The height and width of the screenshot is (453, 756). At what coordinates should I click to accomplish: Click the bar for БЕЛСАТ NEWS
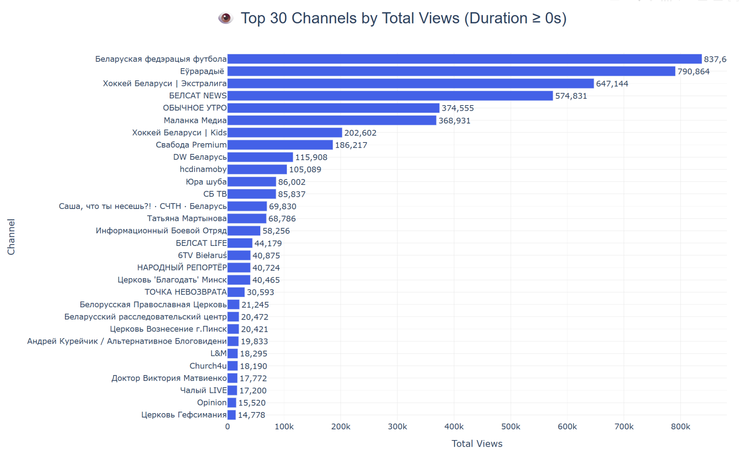[390, 96]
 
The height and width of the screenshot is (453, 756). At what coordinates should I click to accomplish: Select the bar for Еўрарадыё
[451, 71]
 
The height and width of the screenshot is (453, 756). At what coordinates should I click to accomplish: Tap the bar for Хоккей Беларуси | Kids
[285, 133]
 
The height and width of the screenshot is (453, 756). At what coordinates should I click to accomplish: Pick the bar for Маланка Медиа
[331, 120]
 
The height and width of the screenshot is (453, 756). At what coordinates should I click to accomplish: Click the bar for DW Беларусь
[260, 157]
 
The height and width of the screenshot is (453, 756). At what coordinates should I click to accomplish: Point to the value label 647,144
[612, 84]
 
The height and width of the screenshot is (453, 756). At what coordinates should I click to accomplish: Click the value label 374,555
[457, 108]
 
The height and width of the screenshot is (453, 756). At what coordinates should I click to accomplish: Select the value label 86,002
[292, 182]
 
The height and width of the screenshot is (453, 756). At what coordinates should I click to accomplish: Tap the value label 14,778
[251, 415]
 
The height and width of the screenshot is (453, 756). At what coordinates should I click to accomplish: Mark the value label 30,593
[260, 292]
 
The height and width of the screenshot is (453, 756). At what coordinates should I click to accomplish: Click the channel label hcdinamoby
[203, 169]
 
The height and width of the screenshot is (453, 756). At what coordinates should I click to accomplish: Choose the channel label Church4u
[208, 366]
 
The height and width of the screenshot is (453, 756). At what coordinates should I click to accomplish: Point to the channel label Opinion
[212, 402]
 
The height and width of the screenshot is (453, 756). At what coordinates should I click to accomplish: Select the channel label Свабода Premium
[191, 145]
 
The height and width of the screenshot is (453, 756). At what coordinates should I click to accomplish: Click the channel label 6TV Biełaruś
[202, 255]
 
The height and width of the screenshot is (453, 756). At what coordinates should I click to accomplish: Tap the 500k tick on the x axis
[511, 427]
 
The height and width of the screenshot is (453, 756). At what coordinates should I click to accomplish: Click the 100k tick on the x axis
[284, 427]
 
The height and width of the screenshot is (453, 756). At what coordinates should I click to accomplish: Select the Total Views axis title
[477, 444]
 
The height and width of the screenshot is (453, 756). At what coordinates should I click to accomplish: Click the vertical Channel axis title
[11, 237]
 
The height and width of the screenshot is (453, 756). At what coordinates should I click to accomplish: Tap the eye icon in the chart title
[225, 18]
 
